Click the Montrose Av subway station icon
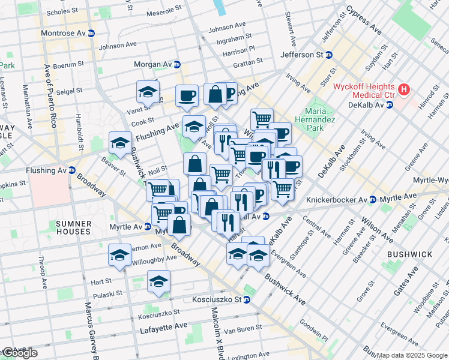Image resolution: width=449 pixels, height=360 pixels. click(91, 33)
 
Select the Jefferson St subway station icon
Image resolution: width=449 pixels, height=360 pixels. click(329, 55)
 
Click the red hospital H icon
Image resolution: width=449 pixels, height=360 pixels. click(404, 90)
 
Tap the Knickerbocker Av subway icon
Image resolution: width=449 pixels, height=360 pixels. click(372, 199)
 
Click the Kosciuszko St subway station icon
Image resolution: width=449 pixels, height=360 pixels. click(246, 299)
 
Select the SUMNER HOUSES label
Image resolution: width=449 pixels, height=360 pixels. click(74, 227)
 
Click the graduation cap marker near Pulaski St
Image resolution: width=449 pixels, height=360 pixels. click(158, 281)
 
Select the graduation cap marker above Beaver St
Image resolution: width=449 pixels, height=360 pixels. click(120, 143)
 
